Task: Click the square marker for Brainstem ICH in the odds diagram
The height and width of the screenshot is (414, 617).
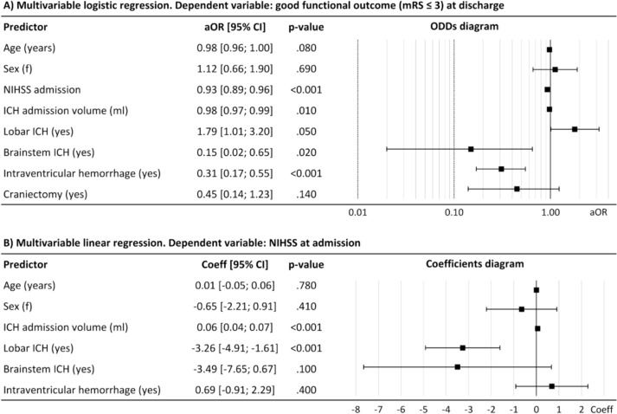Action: (471, 149)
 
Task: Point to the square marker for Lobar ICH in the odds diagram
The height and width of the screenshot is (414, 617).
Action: (575, 129)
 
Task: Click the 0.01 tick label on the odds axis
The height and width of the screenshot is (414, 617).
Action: (358, 210)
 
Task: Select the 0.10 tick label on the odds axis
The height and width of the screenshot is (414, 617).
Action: (454, 210)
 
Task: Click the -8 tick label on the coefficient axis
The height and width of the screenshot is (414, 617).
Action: (356, 407)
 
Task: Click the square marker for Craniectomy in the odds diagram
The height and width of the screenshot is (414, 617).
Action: (517, 188)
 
